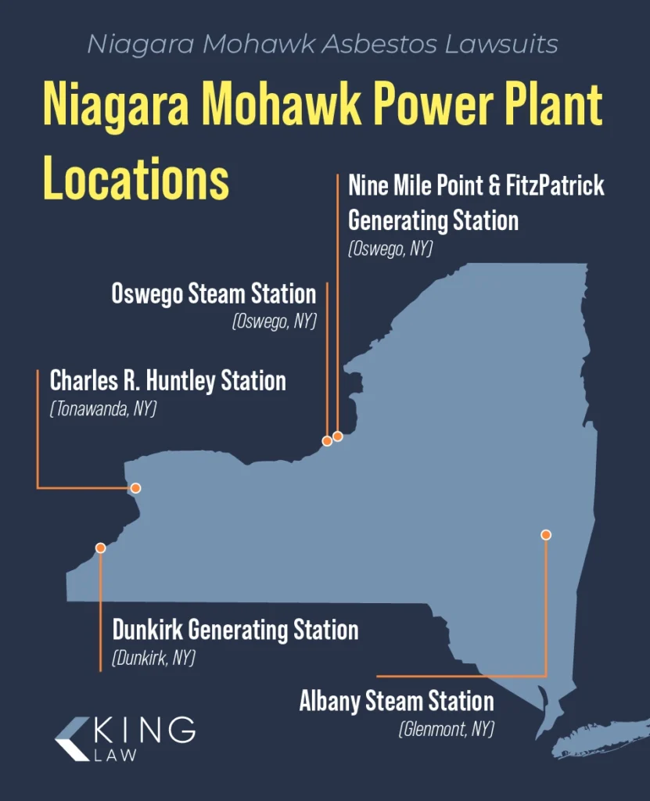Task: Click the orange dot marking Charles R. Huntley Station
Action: tap(135, 488)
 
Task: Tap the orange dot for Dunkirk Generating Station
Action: tap(100, 548)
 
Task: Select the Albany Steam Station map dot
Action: tap(546, 535)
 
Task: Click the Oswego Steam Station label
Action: tap(214, 294)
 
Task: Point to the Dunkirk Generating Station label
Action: tap(235, 630)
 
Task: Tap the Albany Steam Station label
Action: tap(397, 701)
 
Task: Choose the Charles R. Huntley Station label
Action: tap(167, 381)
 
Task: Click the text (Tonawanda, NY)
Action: tap(103, 408)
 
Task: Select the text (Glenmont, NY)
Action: tap(447, 729)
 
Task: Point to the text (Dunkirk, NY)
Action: tap(153, 658)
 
